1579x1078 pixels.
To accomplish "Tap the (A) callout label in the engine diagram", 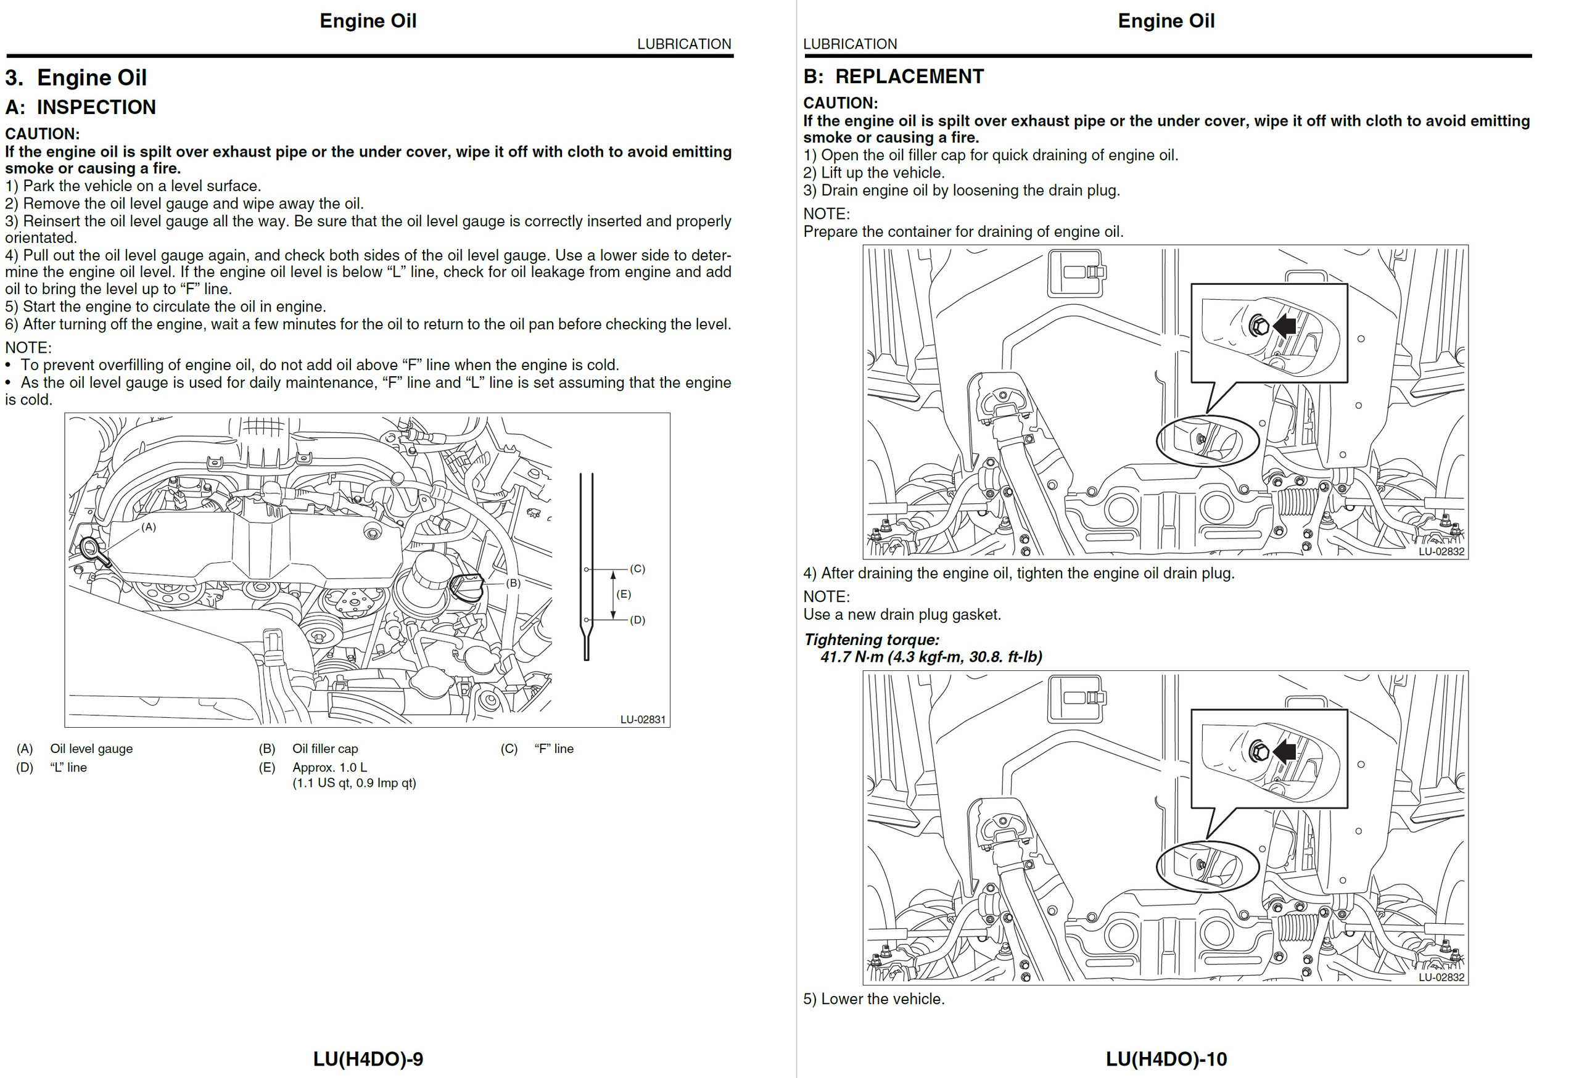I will pyautogui.click(x=148, y=527).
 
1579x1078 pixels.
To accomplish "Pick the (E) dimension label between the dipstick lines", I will pyautogui.click(x=623, y=595).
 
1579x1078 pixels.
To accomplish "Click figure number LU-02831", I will pyautogui.click(x=642, y=719).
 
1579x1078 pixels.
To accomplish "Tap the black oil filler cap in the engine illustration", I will pyautogui.click(x=468, y=587).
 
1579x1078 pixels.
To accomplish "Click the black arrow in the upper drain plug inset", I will pyautogui.click(x=1284, y=326).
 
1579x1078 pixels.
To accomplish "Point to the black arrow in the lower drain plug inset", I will pyautogui.click(x=1284, y=751).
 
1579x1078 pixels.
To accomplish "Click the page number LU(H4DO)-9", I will pyautogui.click(x=368, y=1058).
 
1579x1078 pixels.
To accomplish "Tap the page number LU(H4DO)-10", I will pyautogui.click(x=1166, y=1058).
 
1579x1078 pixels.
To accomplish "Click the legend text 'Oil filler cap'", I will pyautogui.click(x=325, y=749).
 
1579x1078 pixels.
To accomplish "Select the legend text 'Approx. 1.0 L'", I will pyautogui.click(x=329, y=768).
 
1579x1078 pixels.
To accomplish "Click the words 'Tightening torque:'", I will pyautogui.click(x=871, y=640).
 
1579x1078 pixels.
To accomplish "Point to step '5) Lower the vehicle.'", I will pyautogui.click(x=874, y=999).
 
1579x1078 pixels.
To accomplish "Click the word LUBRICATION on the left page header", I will pyautogui.click(x=683, y=44).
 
